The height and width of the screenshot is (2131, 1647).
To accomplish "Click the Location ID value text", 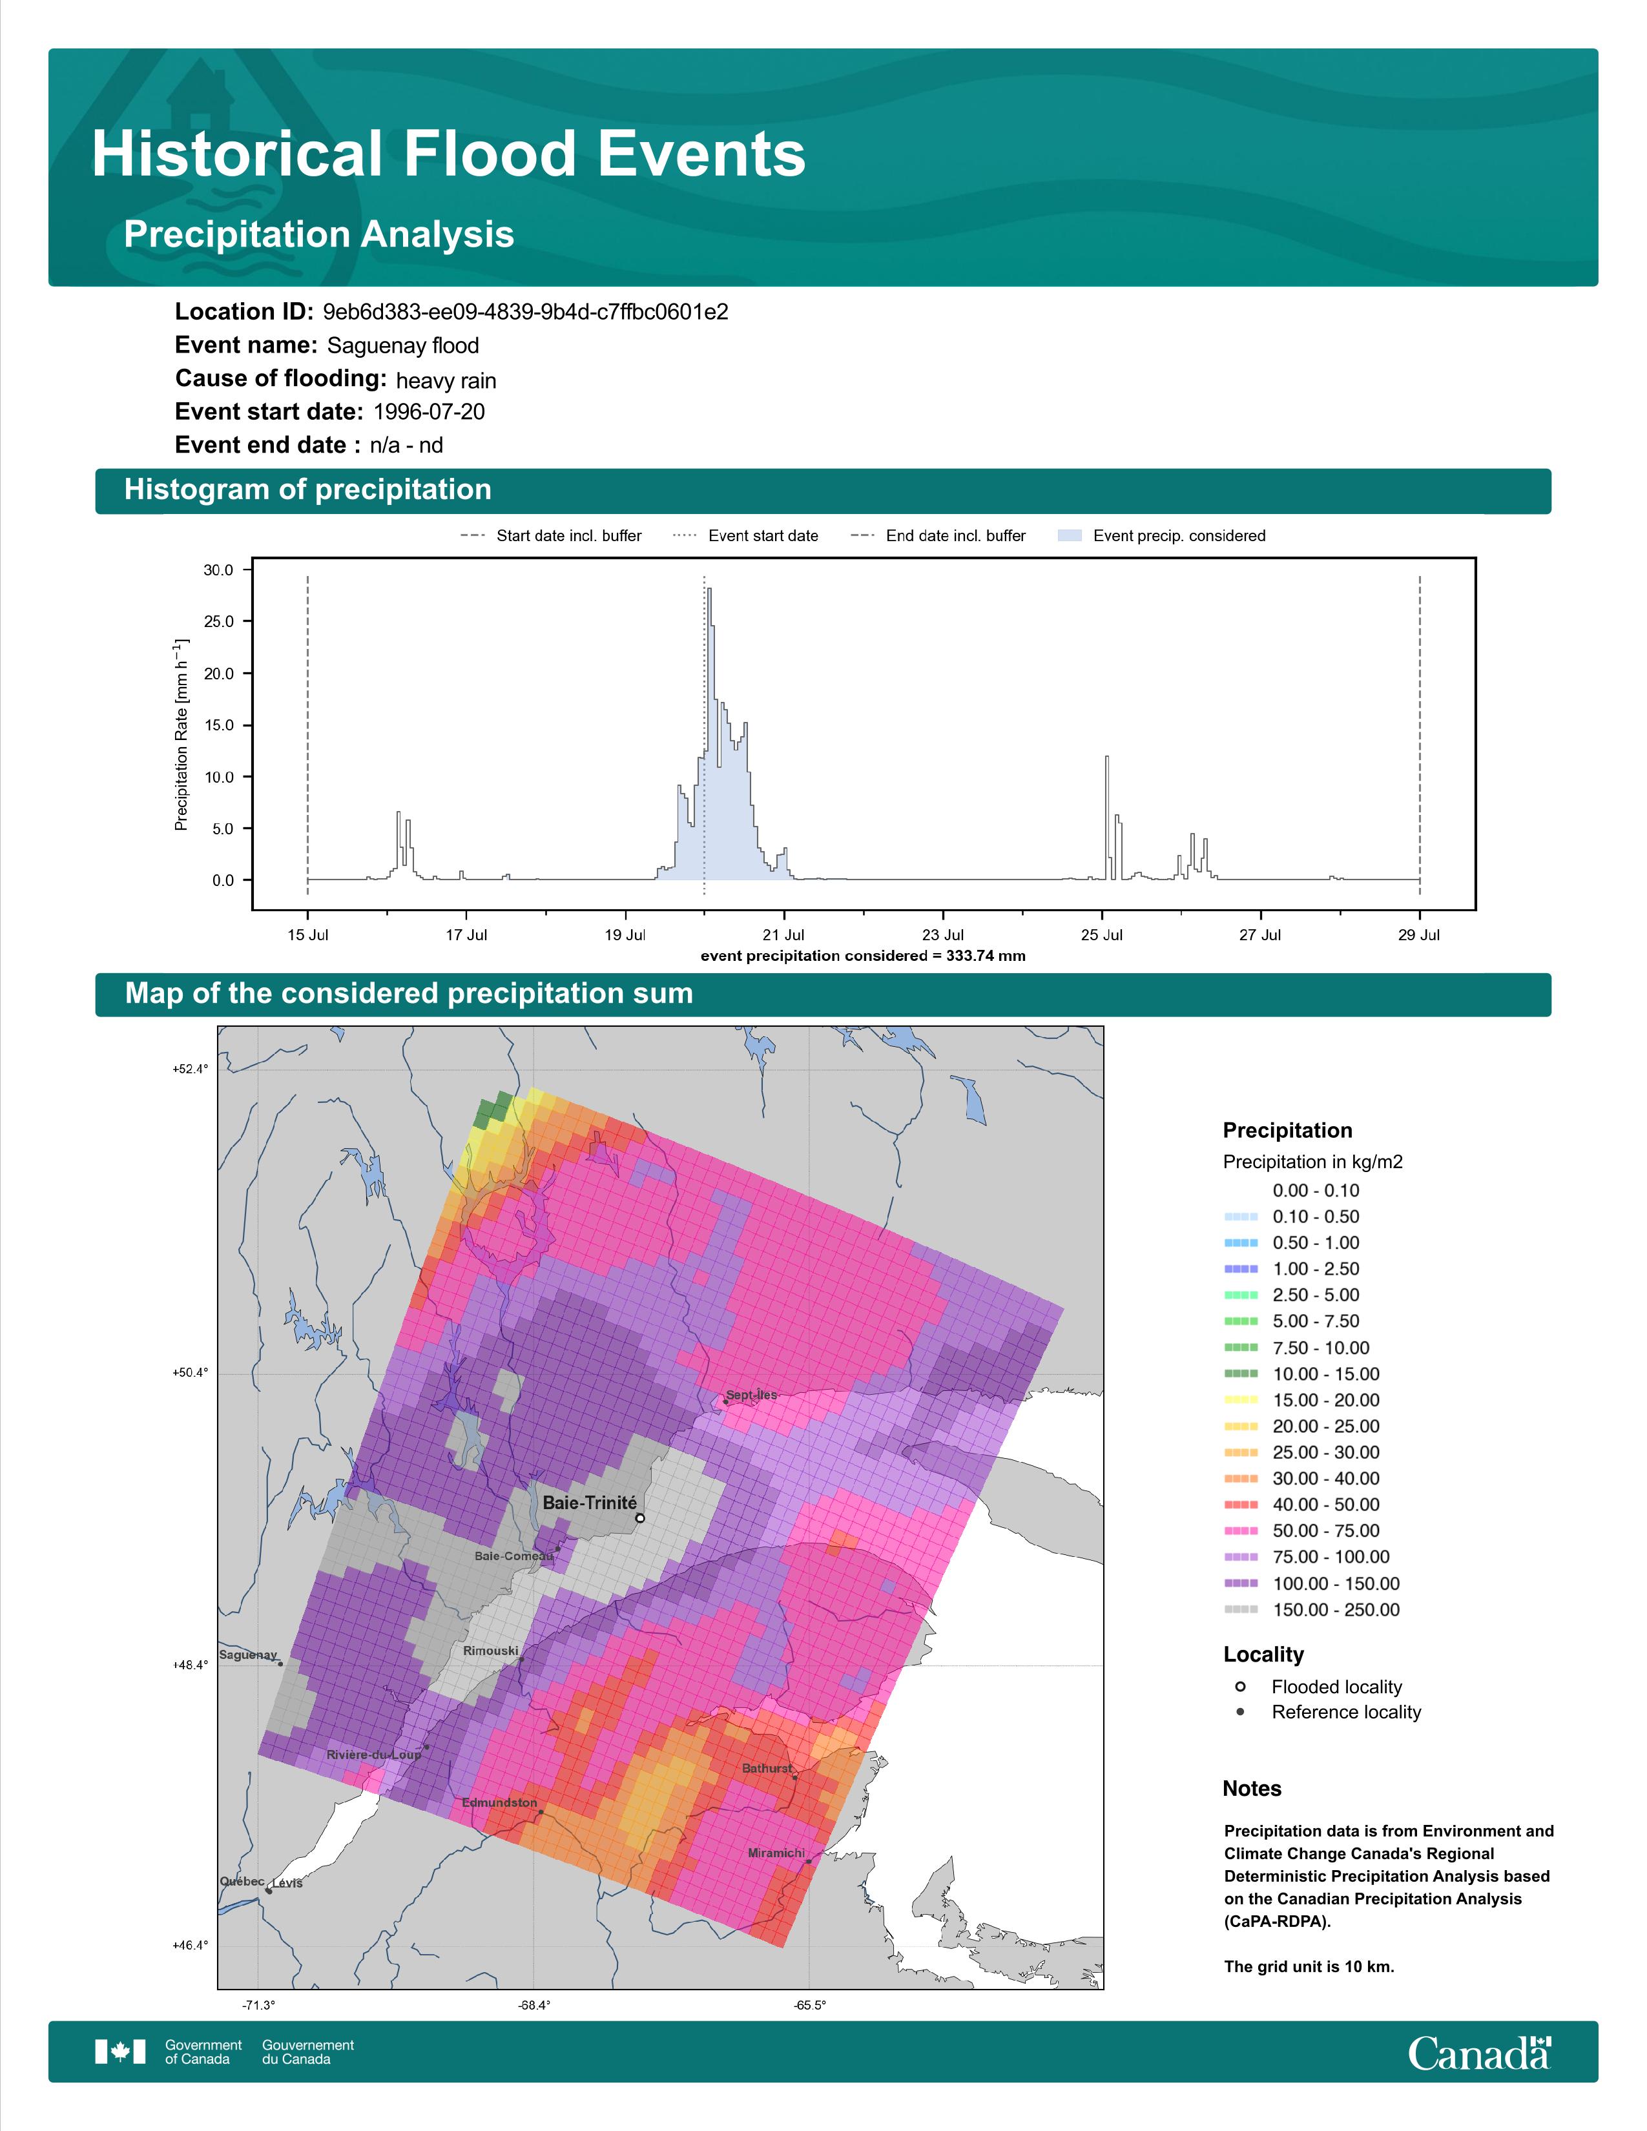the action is point(525,313).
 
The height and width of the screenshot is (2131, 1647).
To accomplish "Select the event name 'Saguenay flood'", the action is point(403,345).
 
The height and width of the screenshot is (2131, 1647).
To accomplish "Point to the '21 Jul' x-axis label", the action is point(783,935).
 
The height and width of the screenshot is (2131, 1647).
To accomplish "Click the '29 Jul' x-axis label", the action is point(1419,935).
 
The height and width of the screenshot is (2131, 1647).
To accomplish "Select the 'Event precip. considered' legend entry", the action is point(1161,536).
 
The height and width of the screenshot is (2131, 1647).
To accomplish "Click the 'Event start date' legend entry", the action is point(745,536).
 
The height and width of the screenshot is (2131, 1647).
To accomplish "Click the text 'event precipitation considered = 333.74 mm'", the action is point(862,956).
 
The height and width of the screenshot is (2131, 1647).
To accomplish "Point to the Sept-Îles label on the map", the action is point(751,1395).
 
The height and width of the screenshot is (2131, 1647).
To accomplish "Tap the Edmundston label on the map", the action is point(499,1802).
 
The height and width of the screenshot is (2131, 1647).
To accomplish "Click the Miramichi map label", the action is point(776,1853).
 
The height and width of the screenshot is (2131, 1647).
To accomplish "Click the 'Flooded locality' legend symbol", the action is point(1240,1687).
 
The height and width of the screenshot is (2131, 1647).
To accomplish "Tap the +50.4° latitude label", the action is point(191,1373).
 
